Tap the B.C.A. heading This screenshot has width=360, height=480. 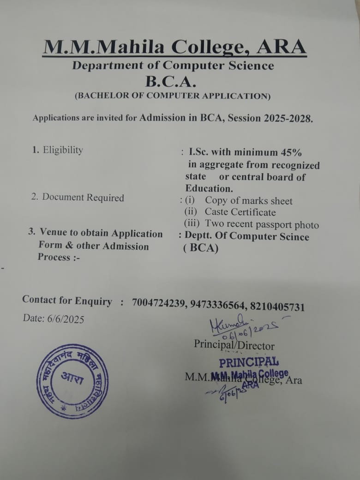click(x=171, y=81)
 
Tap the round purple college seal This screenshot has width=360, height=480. click(x=72, y=381)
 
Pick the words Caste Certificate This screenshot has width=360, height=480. click(x=240, y=212)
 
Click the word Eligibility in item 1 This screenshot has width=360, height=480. click(x=63, y=150)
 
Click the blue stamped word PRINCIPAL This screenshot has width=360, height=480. click(x=249, y=361)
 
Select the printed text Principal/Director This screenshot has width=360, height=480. click(x=234, y=345)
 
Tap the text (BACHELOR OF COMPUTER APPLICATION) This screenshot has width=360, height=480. click(x=172, y=96)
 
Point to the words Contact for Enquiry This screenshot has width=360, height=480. click(x=67, y=300)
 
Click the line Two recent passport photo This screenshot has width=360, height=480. click(x=262, y=225)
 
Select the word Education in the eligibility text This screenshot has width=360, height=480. click(x=209, y=188)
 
